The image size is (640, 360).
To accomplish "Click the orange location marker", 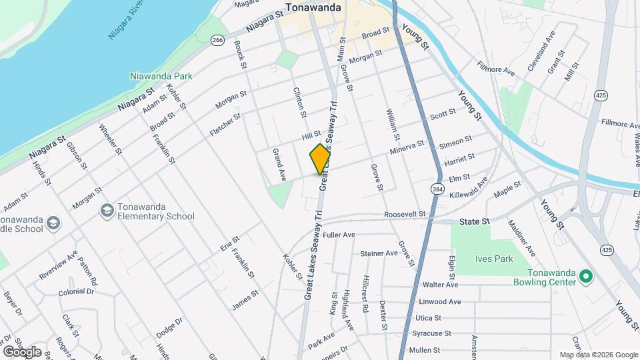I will (320, 159).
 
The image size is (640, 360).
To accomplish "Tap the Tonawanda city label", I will (313, 8).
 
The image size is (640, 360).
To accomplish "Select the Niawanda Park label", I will (162, 76).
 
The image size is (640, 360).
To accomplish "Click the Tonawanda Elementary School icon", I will (107, 211).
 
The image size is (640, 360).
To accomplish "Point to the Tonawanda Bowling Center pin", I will (586, 275).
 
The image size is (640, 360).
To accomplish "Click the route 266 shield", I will (217, 41).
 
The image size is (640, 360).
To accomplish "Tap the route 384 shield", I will (437, 189).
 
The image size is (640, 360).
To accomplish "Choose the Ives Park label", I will (494, 259).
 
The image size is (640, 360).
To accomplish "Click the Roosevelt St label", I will (405, 214).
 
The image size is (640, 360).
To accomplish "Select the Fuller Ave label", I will (339, 235).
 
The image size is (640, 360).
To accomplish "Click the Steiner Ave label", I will (379, 253).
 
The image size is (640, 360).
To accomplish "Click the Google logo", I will (22, 351).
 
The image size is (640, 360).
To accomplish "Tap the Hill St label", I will (311, 135).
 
